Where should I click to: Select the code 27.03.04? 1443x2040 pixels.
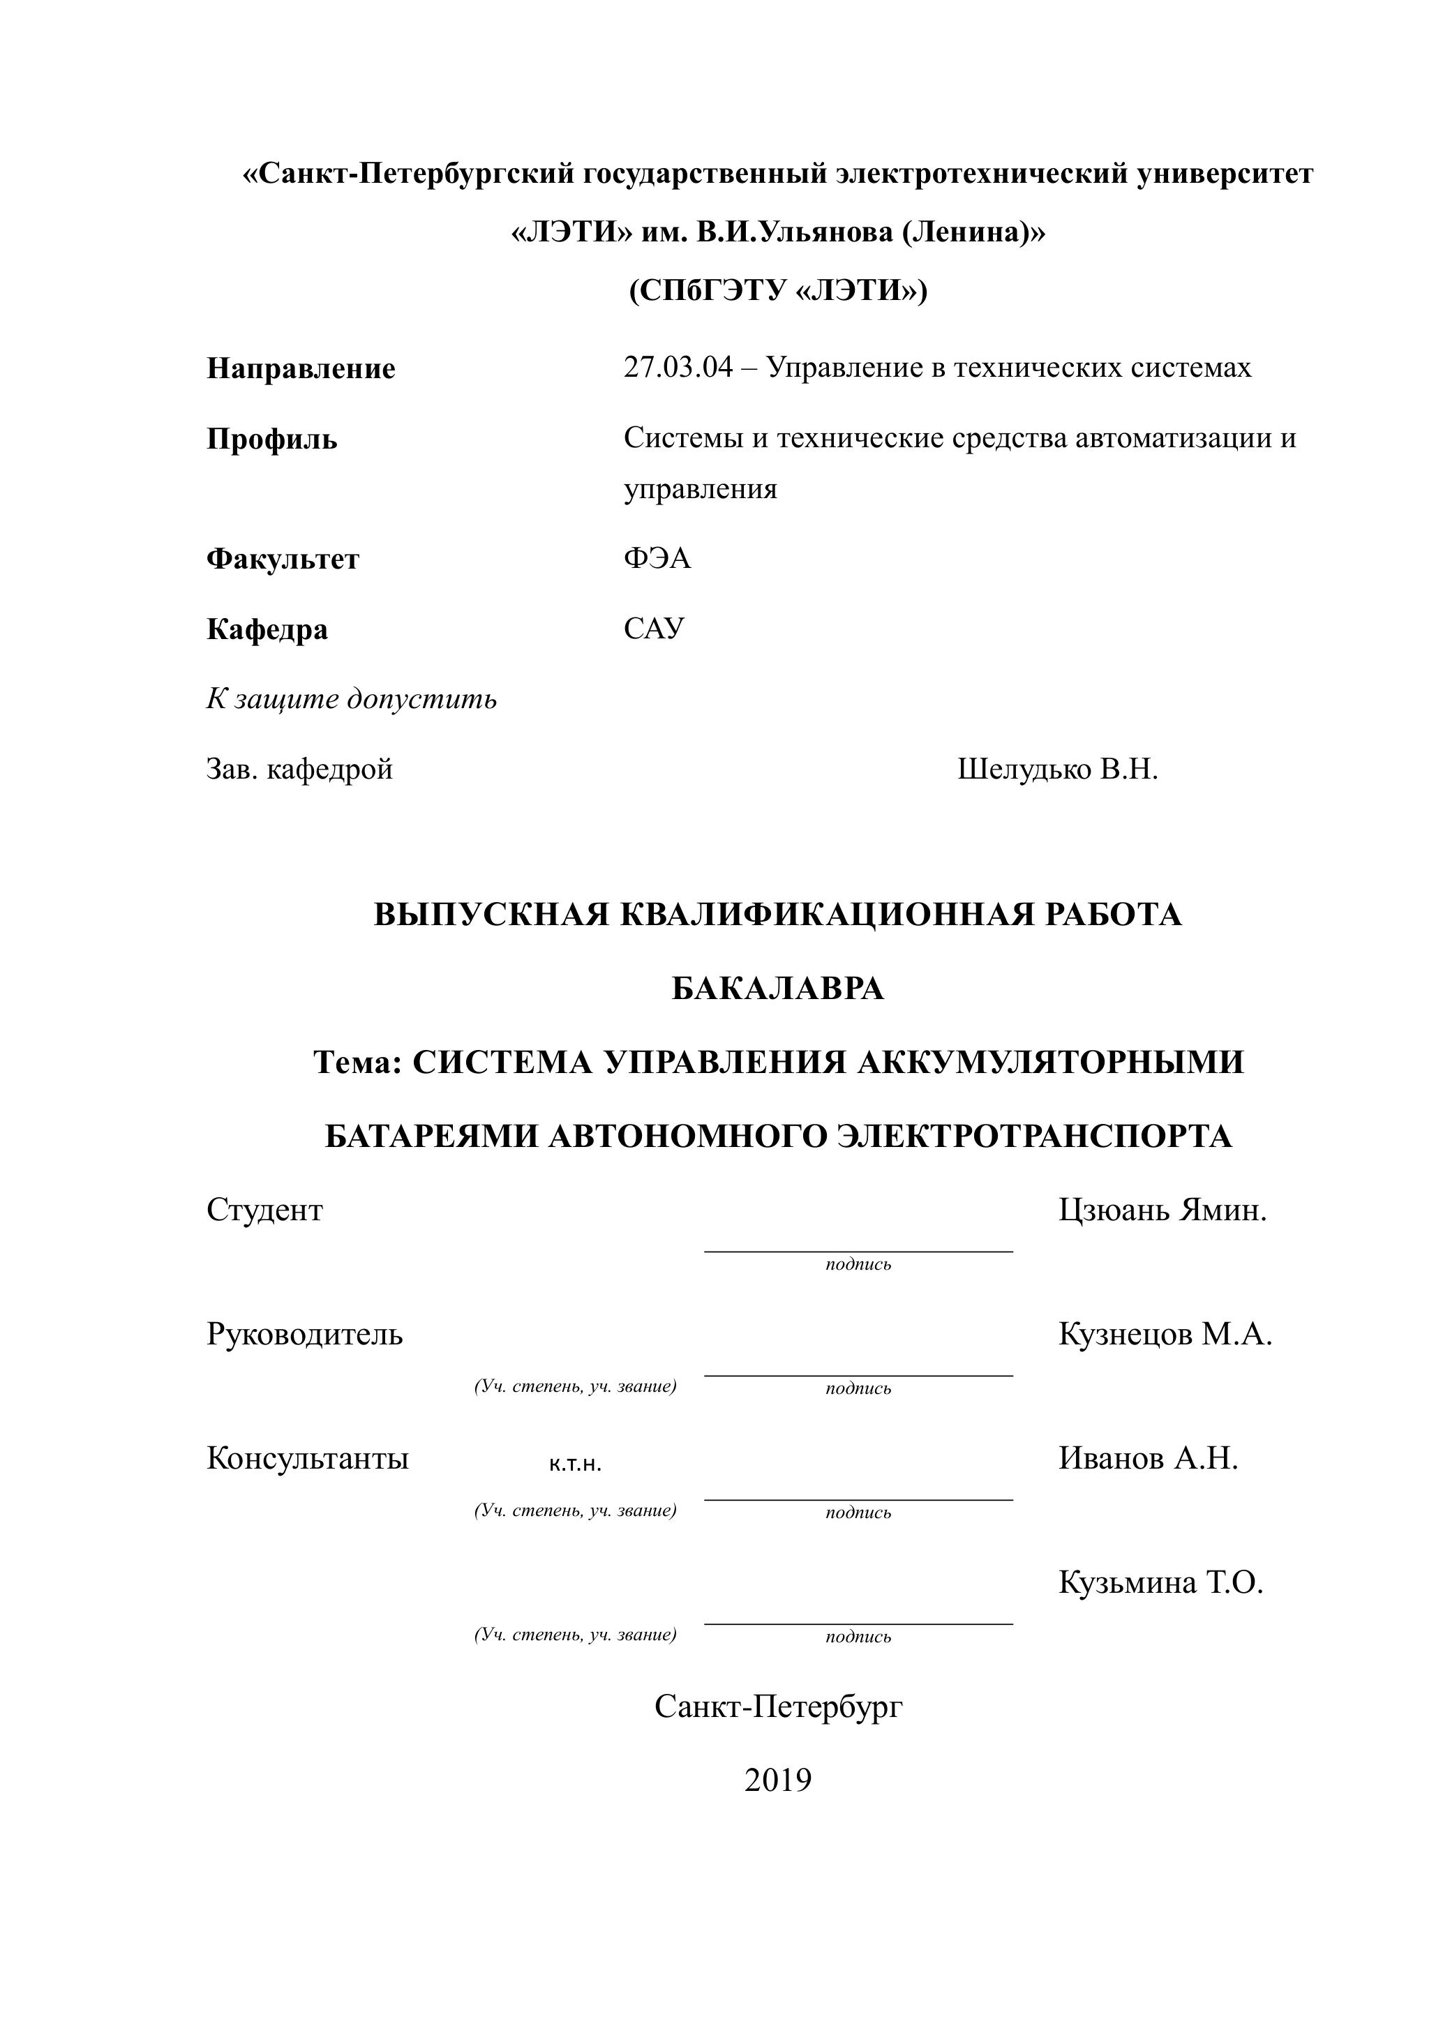click(x=678, y=367)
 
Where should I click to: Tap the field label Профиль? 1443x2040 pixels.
click(x=272, y=439)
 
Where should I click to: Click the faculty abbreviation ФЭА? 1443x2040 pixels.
click(x=657, y=558)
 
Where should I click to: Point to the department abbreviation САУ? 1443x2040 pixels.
click(x=654, y=628)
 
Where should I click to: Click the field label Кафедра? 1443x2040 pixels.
click(x=267, y=629)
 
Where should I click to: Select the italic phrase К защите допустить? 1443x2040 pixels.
click(x=352, y=699)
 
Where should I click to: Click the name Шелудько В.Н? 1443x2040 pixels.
click(x=1057, y=770)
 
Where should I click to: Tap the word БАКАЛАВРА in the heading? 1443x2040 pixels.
click(x=777, y=988)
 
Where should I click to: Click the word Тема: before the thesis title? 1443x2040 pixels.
click(x=359, y=1062)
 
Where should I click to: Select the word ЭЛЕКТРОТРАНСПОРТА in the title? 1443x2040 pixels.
click(x=1034, y=1136)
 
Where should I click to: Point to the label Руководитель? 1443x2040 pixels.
click(x=304, y=1334)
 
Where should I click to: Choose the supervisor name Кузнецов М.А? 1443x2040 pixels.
click(x=1165, y=1334)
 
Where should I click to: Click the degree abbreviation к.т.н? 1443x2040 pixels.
click(x=576, y=1465)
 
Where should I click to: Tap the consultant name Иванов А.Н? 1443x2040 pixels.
click(x=1148, y=1458)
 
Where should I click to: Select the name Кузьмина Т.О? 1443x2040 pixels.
click(x=1160, y=1582)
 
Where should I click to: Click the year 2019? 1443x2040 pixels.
click(x=777, y=1780)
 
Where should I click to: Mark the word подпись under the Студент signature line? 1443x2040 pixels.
click(x=858, y=1264)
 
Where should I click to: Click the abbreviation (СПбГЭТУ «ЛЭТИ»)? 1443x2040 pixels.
click(x=777, y=290)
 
